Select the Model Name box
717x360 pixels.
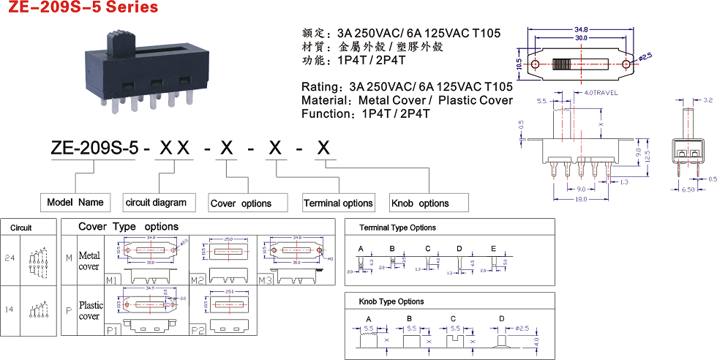(75, 203)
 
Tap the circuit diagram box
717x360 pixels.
(156, 203)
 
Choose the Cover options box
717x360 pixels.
(241, 203)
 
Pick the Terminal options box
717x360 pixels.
(338, 203)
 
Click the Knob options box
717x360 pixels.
(420, 203)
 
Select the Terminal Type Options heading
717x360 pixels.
(397, 228)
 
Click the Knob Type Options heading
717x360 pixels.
(391, 301)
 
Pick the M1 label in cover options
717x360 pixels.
(113, 280)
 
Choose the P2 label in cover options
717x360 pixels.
(197, 329)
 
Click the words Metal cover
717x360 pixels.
(89, 261)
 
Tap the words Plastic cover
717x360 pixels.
(91, 310)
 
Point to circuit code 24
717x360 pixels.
(10, 258)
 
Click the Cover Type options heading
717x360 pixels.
(128, 227)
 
